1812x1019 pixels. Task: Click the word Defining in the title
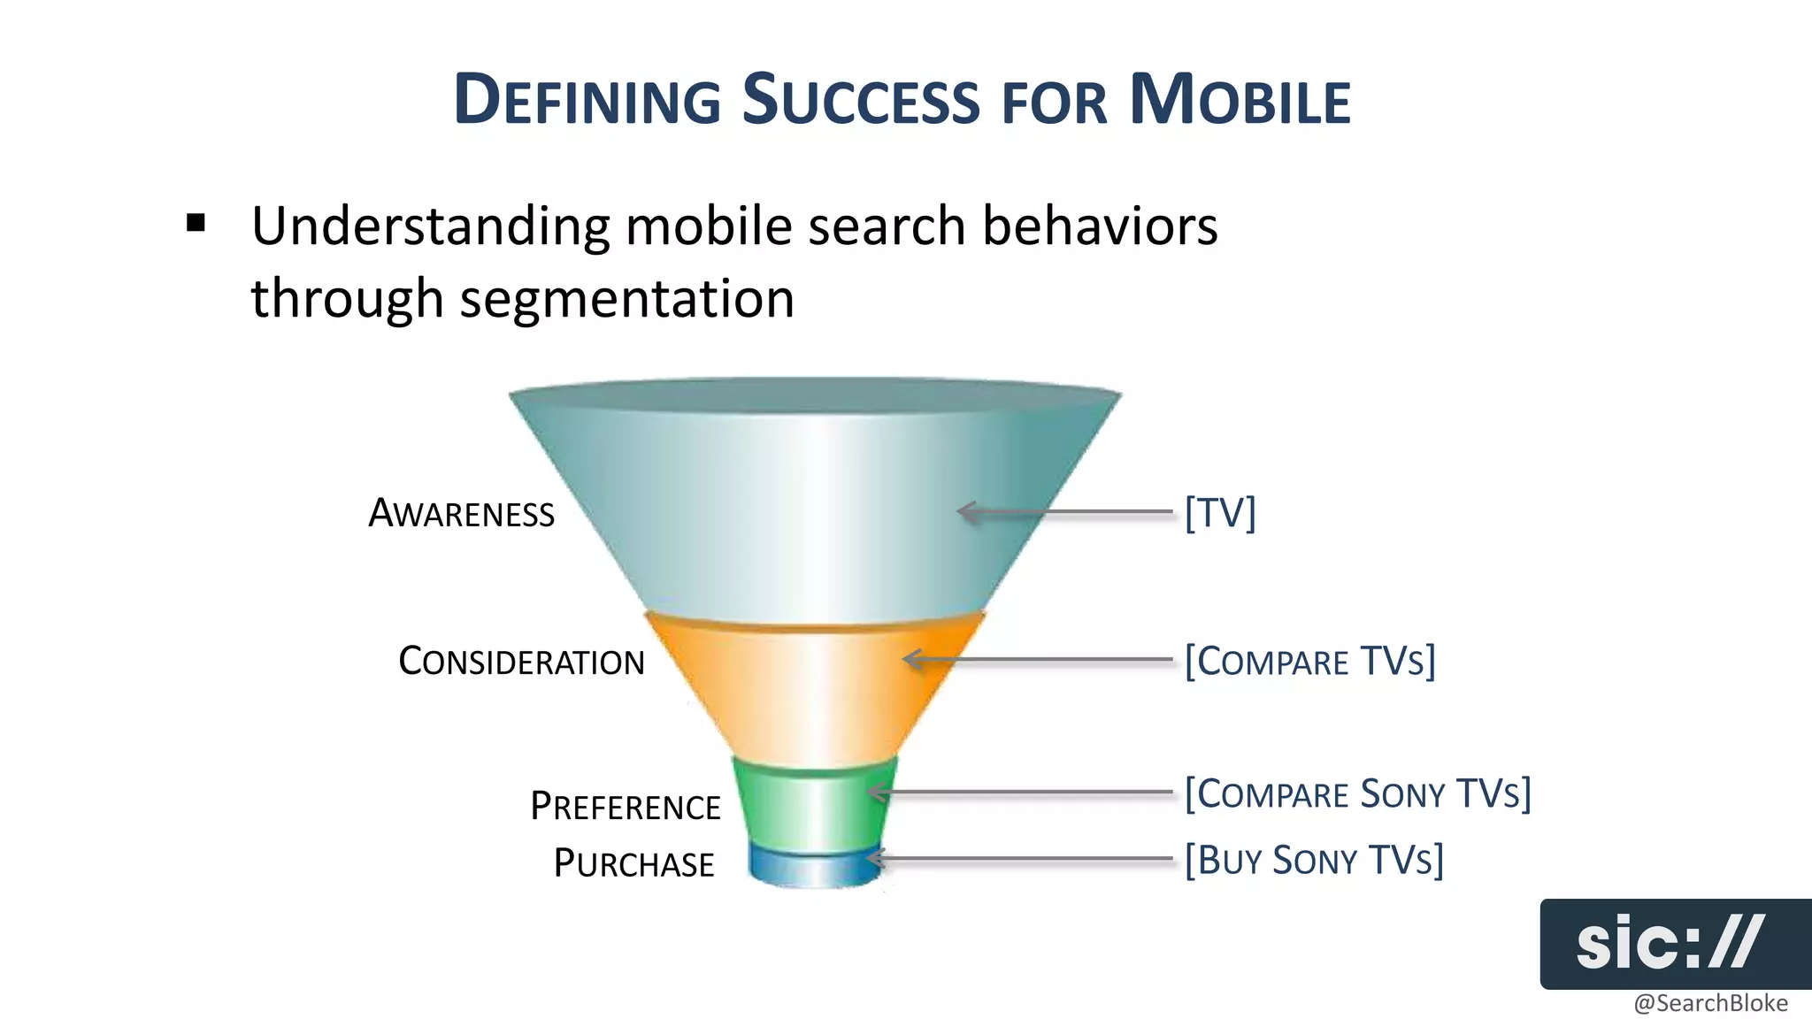pos(587,99)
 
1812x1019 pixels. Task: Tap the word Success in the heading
pos(860,99)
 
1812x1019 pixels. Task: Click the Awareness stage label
pos(461,513)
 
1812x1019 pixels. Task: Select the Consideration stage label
pos(521,661)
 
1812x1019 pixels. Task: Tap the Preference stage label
pos(625,806)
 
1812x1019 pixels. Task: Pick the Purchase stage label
pos(633,863)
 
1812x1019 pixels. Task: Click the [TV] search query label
pos(1220,512)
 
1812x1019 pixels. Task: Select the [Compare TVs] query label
pos(1309,661)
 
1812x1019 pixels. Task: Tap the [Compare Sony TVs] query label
pos(1357,793)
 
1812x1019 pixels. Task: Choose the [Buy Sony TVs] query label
pos(1314,860)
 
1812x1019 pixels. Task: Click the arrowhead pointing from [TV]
pos(966,511)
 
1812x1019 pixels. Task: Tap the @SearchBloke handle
pos(1709,1003)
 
